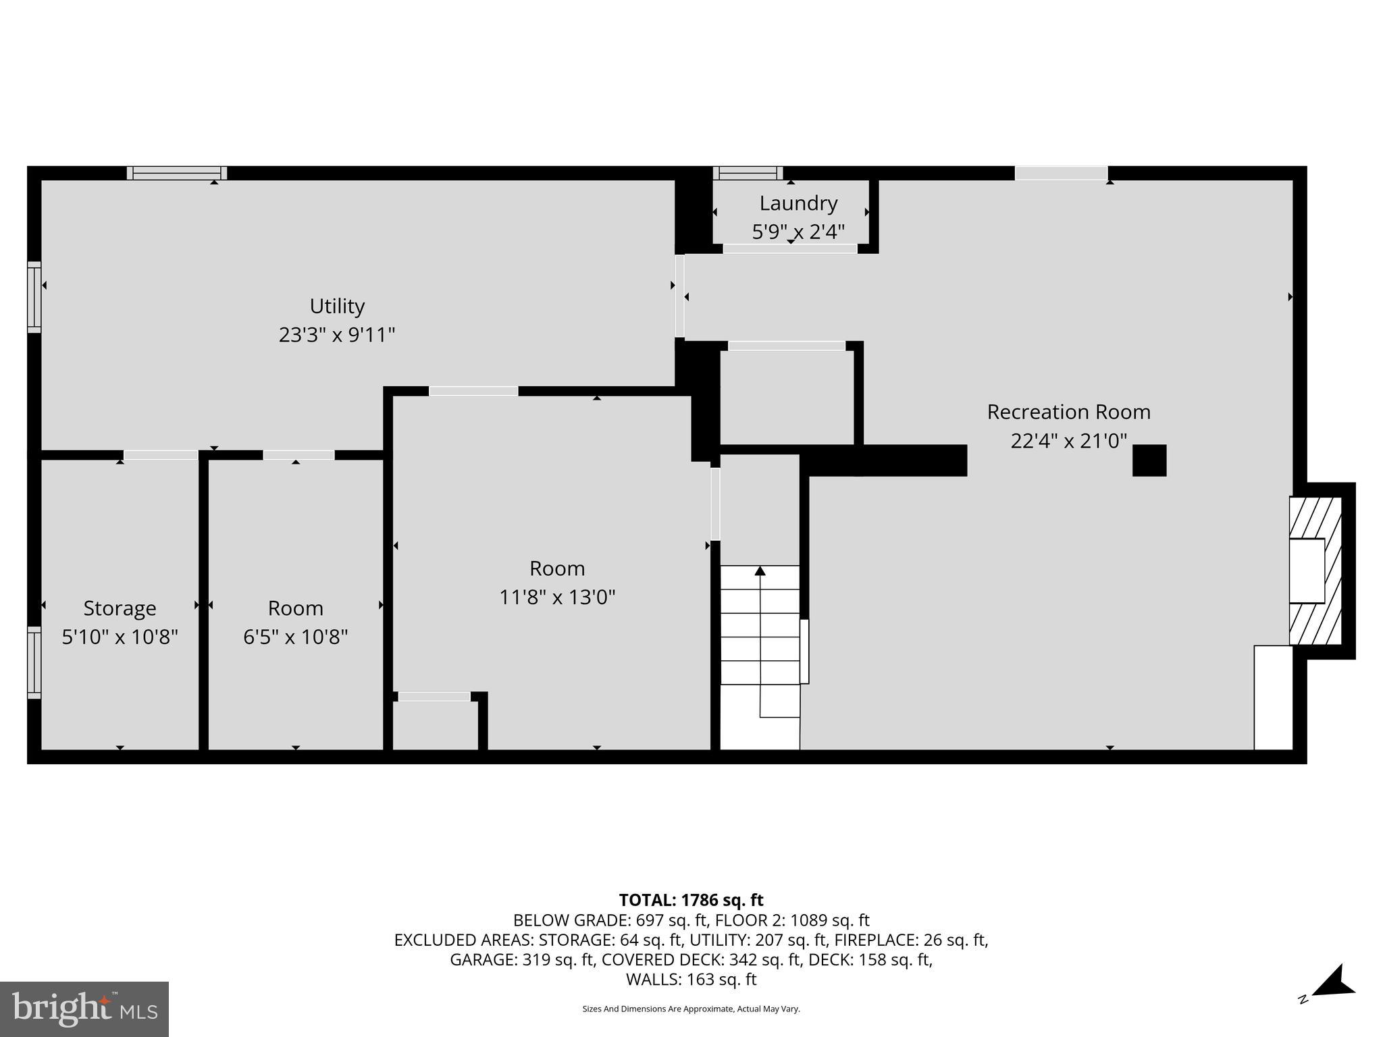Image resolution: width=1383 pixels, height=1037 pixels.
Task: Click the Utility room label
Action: coord(337,306)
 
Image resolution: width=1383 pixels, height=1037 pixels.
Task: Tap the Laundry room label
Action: coord(798,203)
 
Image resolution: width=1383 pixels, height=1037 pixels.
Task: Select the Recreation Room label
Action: coord(1068,411)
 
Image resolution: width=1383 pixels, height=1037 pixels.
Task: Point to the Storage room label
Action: coord(120,608)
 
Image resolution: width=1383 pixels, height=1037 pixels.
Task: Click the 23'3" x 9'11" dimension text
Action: coord(337,335)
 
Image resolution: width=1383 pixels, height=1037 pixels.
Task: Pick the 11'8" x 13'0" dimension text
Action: coord(557,597)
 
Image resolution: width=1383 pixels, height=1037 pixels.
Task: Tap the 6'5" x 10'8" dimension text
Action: coord(295,637)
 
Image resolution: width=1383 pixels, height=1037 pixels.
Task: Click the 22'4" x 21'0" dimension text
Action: coord(1068,441)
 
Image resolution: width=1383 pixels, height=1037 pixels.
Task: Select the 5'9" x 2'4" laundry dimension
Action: coord(798,232)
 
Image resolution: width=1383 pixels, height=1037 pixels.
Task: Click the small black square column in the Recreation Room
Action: coord(1149,460)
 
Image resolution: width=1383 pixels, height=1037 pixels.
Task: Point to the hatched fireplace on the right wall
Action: coord(1315,570)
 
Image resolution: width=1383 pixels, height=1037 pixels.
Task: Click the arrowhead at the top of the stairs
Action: coord(760,571)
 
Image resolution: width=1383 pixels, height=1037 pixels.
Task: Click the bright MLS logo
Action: coord(84,1009)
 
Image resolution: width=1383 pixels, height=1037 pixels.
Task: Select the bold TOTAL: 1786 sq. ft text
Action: coord(691,900)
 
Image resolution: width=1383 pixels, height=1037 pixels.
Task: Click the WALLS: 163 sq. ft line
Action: coord(691,979)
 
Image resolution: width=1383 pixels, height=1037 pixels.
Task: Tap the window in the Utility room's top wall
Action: coord(177,173)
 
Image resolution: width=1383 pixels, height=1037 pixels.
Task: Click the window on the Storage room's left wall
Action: coord(34,662)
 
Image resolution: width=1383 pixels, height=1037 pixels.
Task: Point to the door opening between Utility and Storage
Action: coord(161,455)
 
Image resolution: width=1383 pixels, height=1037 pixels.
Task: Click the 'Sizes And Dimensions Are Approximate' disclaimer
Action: coord(691,1009)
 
